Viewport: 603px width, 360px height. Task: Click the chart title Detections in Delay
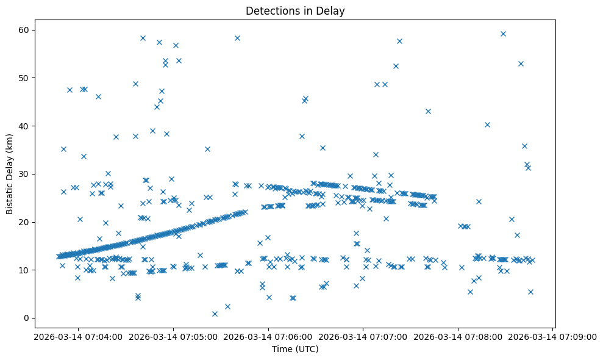pos(295,10)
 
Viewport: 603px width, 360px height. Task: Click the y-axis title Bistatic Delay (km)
pos(10,174)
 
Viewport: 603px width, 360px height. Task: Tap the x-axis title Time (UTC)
pos(295,350)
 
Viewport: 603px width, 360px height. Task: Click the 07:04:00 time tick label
pos(77,336)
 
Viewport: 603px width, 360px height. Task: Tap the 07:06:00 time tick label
pos(268,336)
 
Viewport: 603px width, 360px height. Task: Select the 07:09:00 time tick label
pos(553,336)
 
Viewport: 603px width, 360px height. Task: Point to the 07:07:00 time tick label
pos(363,336)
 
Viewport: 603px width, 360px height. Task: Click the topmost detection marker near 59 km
pos(503,34)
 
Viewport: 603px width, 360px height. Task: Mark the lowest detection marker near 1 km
pos(215,314)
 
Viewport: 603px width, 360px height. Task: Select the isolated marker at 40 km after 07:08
pos(487,124)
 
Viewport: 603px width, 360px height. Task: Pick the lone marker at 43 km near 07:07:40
pos(428,111)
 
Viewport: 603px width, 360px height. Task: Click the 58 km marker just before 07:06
pos(237,38)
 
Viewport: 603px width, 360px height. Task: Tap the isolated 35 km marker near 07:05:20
pos(207,149)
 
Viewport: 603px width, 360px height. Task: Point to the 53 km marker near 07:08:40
pos(521,63)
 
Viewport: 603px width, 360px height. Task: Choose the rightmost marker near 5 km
pos(530,292)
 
